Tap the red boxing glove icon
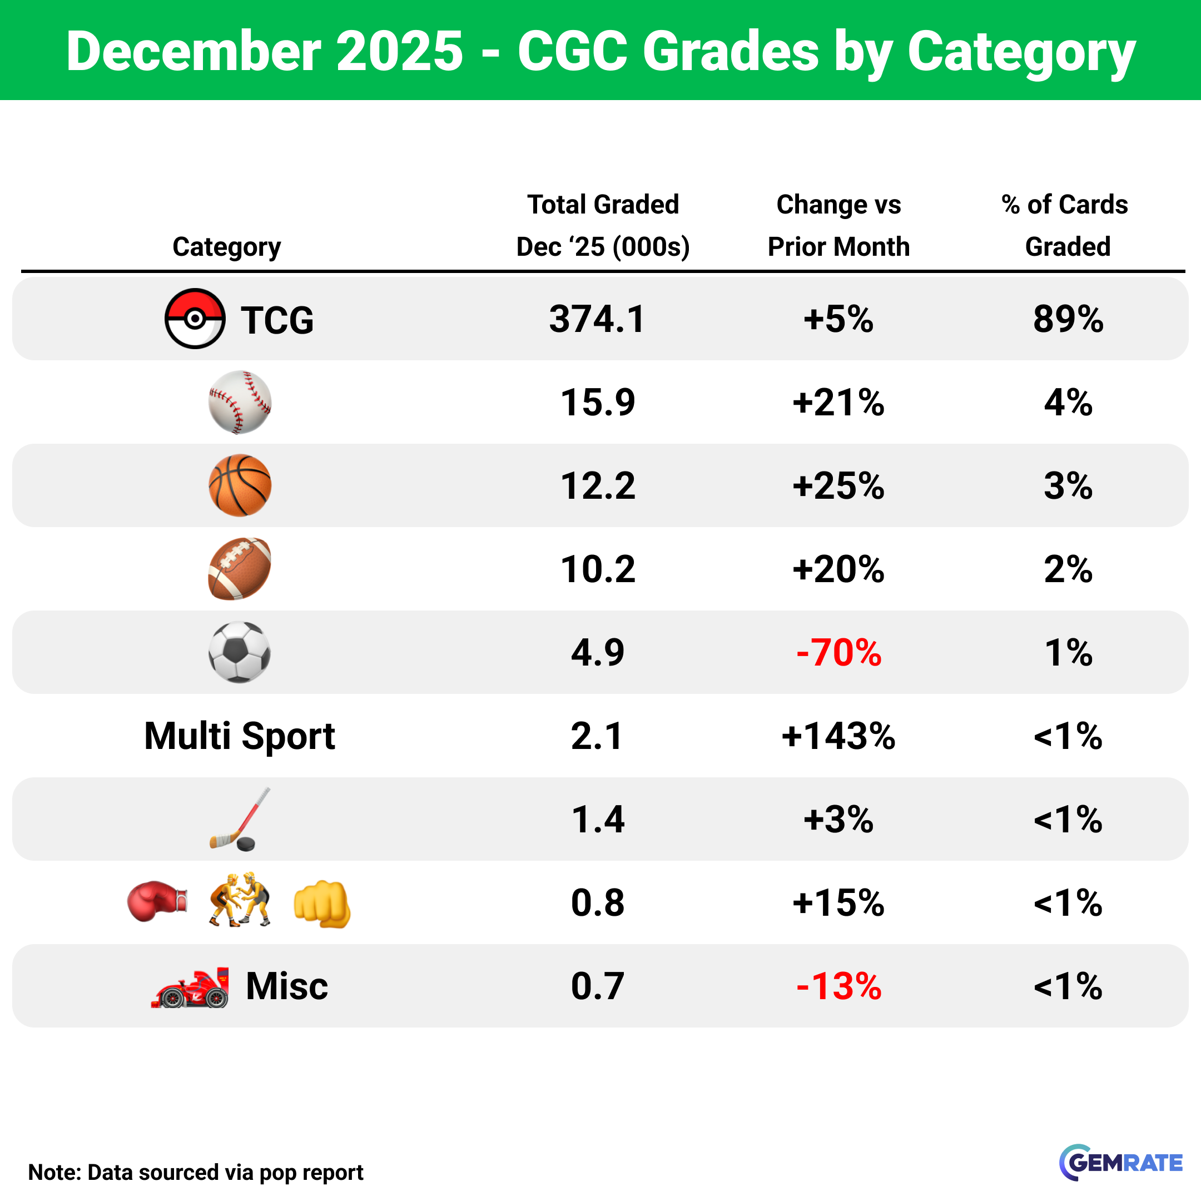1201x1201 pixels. tap(157, 901)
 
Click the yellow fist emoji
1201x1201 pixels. tap(322, 905)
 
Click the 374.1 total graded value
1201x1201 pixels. tap(597, 319)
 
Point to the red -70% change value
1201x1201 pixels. tap(838, 653)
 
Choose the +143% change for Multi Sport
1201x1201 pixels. tap(838, 736)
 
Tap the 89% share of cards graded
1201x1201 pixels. tap(1068, 319)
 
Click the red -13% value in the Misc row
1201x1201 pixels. tap(838, 986)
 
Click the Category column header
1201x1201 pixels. tap(226, 247)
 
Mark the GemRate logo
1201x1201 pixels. tap(1120, 1163)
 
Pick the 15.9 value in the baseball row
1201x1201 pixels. tap(597, 402)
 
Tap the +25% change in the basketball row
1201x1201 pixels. tap(838, 485)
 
